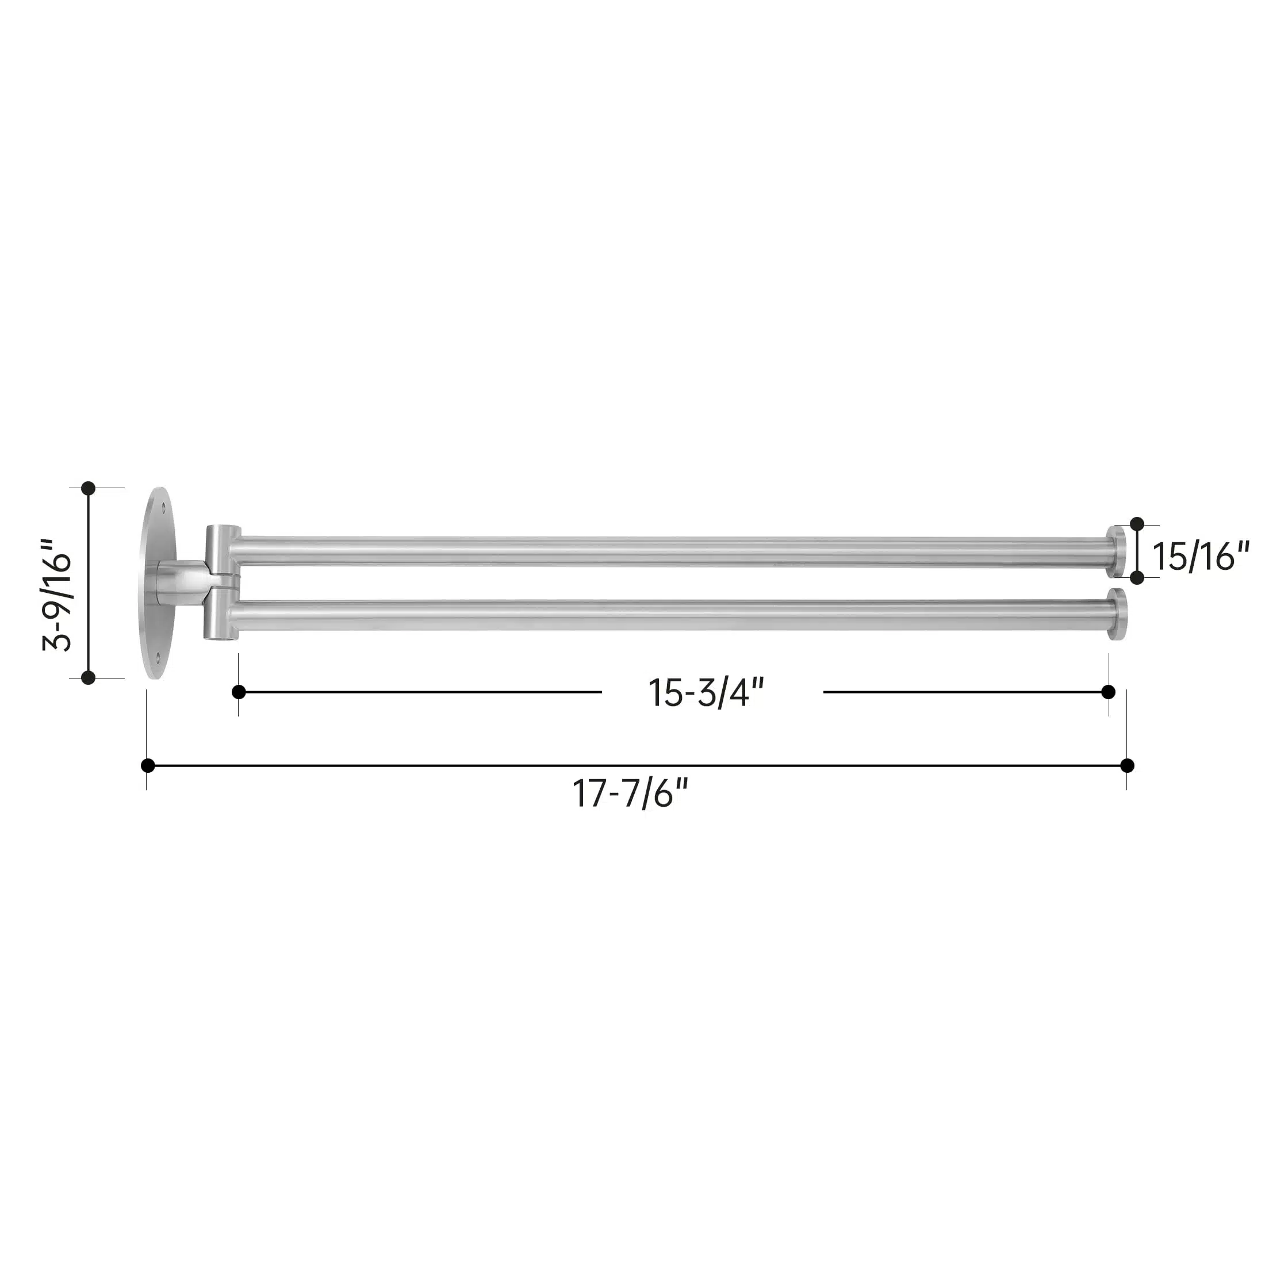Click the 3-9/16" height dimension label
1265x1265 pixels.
pos(57,595)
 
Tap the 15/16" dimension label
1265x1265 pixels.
pos(1201,557)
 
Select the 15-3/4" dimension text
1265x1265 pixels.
pos(706,693)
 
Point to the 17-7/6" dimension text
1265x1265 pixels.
pos(631,793)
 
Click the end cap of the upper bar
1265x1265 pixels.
pos(1117,552)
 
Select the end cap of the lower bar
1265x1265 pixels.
pos(1118,615)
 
